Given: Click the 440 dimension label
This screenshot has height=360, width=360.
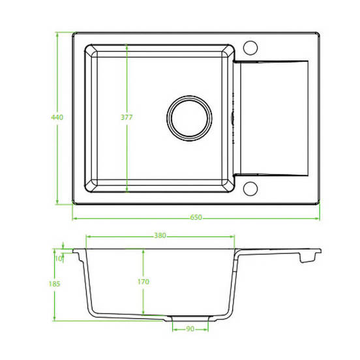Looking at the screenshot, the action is [x=57, y=117].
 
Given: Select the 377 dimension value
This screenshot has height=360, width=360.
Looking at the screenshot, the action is [x=127, y=117].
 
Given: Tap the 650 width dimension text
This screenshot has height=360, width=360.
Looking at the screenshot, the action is [x=196, y=217].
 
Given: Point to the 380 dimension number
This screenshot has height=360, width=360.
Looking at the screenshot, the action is [x=160, y=235].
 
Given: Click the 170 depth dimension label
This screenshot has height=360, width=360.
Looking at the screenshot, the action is [x=143, y=282].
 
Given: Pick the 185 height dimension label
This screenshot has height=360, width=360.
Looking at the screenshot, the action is [x=54, y=284].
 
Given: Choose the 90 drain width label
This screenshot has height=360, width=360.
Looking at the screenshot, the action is [x=190, y=329].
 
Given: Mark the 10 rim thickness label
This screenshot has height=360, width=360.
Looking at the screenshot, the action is [x=58, y=258].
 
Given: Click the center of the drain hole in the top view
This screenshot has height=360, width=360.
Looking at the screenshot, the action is [x=189, y=118].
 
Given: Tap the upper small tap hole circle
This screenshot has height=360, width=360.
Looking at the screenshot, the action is [x=250, y=48].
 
